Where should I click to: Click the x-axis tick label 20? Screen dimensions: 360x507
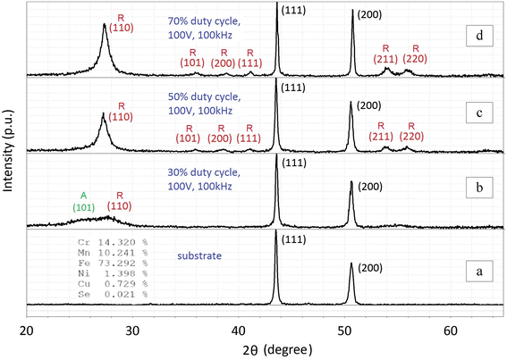pos(28,331)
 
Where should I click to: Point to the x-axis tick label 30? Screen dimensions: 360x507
pos(133,331)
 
